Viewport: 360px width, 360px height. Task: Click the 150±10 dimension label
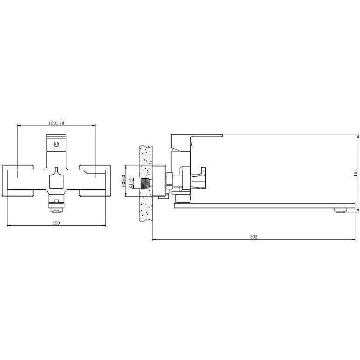[x=56, y=123]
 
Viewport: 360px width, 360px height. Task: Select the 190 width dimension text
[x=56, y=223]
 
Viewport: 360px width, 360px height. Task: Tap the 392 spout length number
[x=254, y=237]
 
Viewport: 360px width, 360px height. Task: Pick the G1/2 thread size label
[x=131, y=183]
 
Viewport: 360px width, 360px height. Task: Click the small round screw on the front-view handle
[x=56, y=145]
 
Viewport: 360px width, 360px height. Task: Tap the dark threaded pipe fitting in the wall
[x=145, y=183]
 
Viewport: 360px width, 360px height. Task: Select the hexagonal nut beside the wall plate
[x=169, y=180]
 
